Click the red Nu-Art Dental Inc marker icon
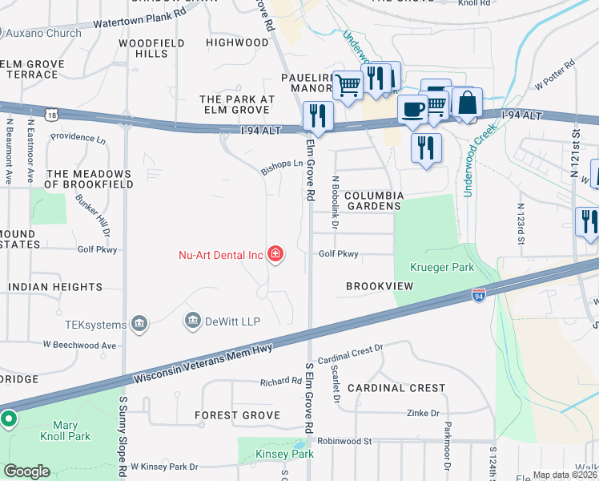coord(275,255)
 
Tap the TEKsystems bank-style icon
coord(140,324)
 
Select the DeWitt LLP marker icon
coord(193,321)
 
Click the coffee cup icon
coord(412,109)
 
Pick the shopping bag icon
coord(468,103)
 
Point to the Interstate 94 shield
coord(478,295)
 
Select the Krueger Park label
coord(442,267)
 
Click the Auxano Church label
coord(44,33)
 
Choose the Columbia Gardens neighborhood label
coord(373,200)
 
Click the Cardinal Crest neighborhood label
coord(396,387)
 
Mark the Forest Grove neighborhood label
coord(238,415)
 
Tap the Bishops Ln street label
coord(282,167)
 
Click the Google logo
coord(26,471)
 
